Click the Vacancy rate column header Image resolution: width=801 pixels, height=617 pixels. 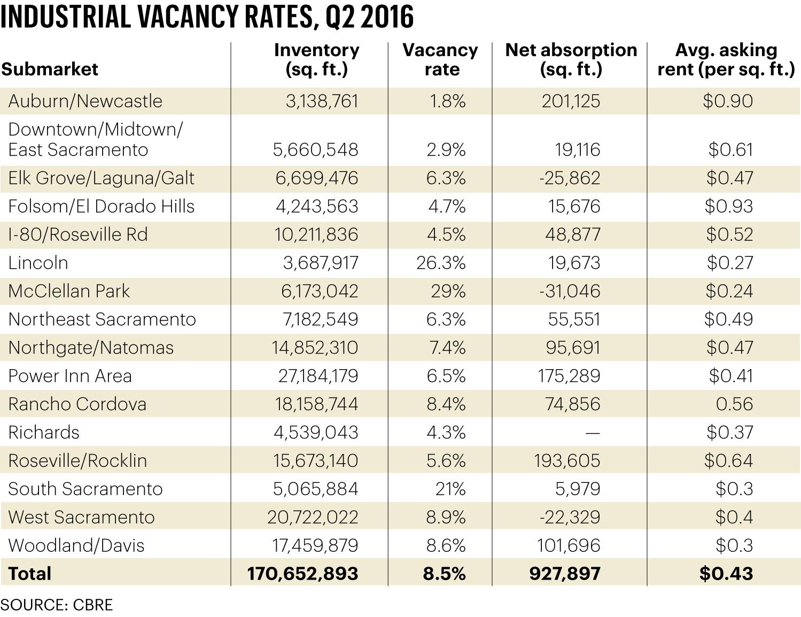pos(440,59)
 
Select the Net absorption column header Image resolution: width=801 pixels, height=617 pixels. pos(571,59)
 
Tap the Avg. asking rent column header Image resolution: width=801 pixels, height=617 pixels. pos(726,59)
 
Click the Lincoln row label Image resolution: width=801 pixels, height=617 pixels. pos(38,263)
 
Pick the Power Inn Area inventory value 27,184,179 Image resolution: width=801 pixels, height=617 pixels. pos(318,376)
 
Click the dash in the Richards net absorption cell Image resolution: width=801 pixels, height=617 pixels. pos(592,432)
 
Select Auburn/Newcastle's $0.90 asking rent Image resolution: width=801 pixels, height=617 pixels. pos(728,101)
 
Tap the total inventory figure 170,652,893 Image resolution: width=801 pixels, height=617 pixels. pos(302,574)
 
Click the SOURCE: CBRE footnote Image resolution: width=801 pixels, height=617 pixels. pos(57,605)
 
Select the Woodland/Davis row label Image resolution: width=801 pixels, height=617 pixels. pos(76,545)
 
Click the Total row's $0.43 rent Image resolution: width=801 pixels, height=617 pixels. pos(726,574)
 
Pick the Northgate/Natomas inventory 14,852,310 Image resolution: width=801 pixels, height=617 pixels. pos(315,348)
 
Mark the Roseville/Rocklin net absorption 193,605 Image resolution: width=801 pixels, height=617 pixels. pos(567,460)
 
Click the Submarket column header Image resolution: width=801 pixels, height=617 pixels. pos(50,69)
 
